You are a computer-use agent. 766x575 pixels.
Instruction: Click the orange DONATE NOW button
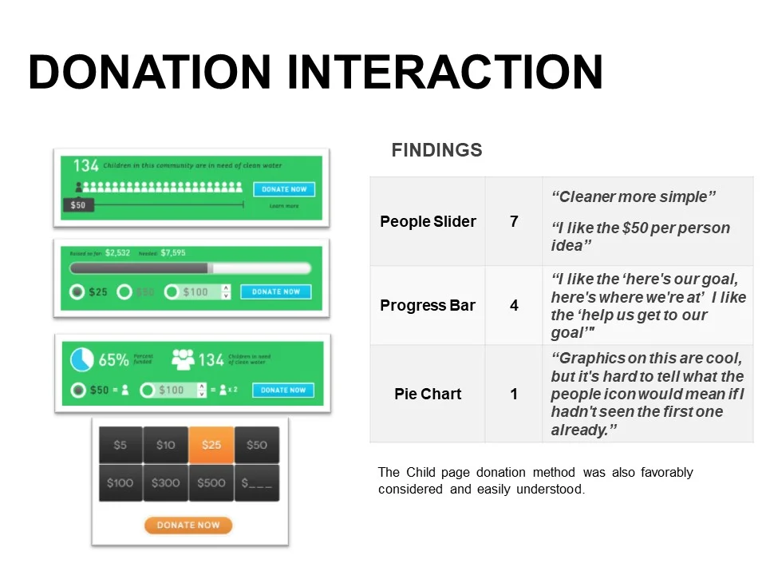pos(188,525)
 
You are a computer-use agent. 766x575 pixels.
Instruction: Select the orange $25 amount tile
pos(211,445)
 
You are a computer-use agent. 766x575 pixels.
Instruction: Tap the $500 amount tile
pos(211,482)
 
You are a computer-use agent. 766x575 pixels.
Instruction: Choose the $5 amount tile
pos(120,445)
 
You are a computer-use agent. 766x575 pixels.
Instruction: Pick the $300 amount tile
pos(165,482)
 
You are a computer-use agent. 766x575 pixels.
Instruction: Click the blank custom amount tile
pos(257,482)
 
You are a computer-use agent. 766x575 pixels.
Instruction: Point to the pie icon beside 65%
pos(81,360)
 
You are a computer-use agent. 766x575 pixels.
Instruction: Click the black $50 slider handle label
pos(78,205)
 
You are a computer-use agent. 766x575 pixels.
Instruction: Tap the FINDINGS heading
pos(436,150)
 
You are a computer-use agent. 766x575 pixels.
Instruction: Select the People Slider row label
pos(428,221)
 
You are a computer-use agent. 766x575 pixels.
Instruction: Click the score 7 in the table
pos(514,221)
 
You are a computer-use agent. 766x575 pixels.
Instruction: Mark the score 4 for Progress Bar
pos(514,305)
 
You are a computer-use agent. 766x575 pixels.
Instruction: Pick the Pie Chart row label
pos(428,394)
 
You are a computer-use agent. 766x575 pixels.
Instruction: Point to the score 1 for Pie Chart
pos(514,394)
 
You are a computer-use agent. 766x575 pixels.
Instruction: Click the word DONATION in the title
pos(150,72)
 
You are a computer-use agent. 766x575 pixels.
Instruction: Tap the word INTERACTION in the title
pos(444,72)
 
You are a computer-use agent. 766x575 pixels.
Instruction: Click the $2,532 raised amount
pos(117,252)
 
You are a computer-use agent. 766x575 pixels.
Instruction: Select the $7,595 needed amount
pos(172,252)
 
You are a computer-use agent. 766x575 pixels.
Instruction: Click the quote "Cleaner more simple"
pos(634,196)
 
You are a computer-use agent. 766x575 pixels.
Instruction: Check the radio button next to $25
pos(77,292)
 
